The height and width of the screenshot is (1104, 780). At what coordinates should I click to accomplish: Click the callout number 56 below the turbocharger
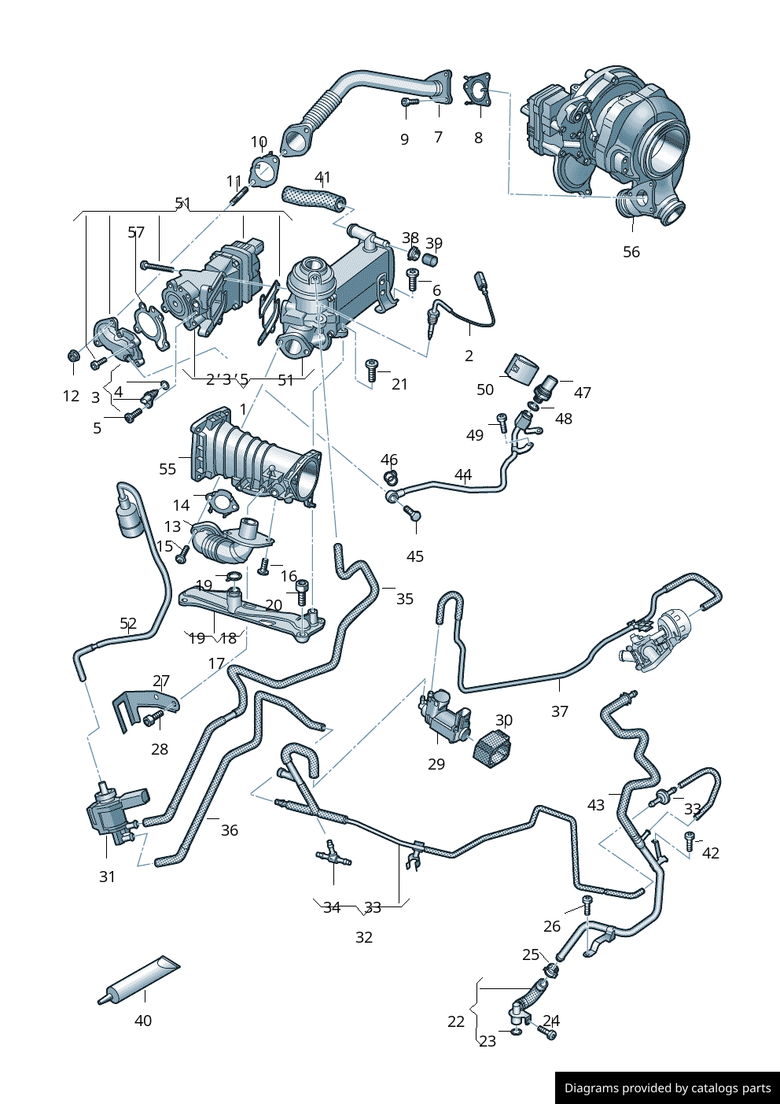coord(631,252)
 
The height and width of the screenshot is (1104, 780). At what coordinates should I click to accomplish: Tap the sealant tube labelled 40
coord(140,981)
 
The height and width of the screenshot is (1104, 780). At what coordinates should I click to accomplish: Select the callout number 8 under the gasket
coord(478,138)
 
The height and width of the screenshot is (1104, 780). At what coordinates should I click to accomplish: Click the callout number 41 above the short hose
coord(322,178)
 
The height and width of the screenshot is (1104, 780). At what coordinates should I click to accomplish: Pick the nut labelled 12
coord(73,356)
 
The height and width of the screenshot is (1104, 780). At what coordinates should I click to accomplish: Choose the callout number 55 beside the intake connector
coord(167,469)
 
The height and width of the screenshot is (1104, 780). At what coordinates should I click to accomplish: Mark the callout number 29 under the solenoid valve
coord(436,764)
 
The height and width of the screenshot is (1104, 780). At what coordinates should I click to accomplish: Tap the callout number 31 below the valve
coord(107,877)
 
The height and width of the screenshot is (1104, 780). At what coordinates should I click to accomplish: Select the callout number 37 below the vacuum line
coord(559,711)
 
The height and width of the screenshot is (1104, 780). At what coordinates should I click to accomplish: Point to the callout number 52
coord(128,624)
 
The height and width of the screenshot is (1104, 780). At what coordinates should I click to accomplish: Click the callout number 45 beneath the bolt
coord(415,556)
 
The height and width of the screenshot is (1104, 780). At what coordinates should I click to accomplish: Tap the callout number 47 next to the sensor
coord(583,393)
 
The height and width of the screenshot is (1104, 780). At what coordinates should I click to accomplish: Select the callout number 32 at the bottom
coord(364,937)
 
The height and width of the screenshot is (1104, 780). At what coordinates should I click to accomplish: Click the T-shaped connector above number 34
coord(333,855)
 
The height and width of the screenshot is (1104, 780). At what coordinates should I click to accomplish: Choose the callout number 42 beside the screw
coord(711,853)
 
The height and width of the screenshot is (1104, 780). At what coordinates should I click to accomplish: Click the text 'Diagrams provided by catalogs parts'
coord(668,1088)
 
